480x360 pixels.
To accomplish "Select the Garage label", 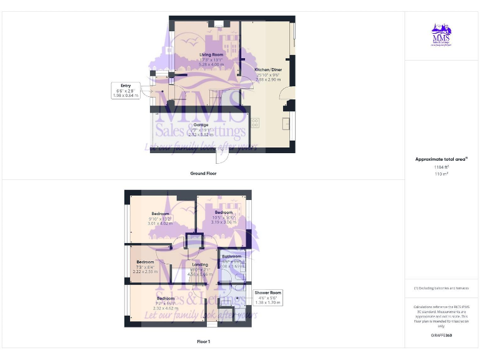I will point(201,125).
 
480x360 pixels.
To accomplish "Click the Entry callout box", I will point(126,90).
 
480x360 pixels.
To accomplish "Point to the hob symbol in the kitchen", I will point(255,123).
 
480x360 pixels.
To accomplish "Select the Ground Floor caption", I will point(203,173).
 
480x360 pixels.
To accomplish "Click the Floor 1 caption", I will point(203,342).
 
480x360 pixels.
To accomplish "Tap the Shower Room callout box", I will point(267,297).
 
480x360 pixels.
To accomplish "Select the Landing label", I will point(200,265).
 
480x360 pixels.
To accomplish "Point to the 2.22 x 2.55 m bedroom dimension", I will point(146,271).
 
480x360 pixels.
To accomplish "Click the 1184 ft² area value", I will point(442,167).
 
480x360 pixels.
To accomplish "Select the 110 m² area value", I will point(442,174).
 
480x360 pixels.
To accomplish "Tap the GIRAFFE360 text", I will point(442,336).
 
